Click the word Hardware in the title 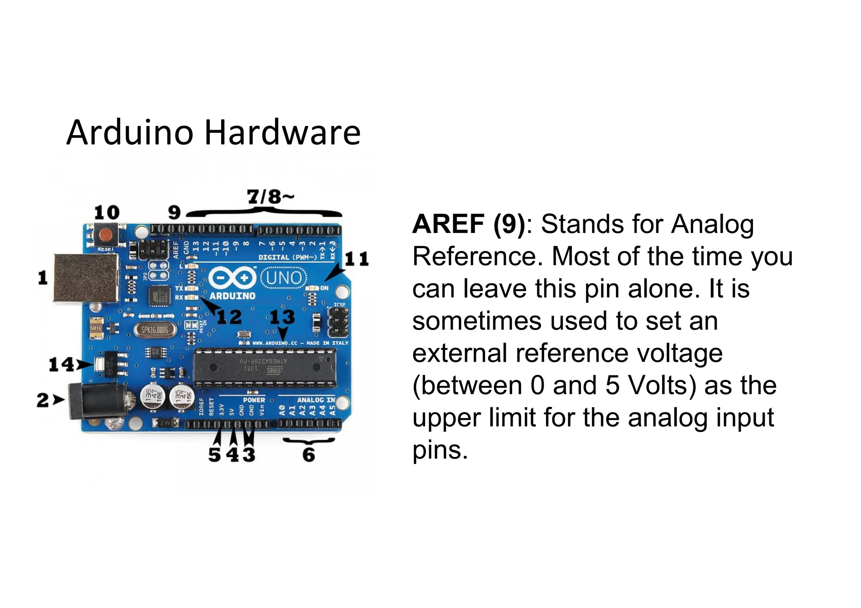(283, 133)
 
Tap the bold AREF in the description (448, 224)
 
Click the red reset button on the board (107, 236)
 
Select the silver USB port (86, 277)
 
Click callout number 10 (107, 212)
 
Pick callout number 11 (357, 259)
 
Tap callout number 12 (229, 317)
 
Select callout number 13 (282, 317)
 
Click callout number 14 (61, 364)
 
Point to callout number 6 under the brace (309, 455)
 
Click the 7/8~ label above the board (270, 197)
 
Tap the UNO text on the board (284, 278)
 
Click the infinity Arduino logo (232, 278)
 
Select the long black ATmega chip (265, 367)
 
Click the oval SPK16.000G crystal (154, 330)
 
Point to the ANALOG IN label (316, 400)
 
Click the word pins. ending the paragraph (440, 450)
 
